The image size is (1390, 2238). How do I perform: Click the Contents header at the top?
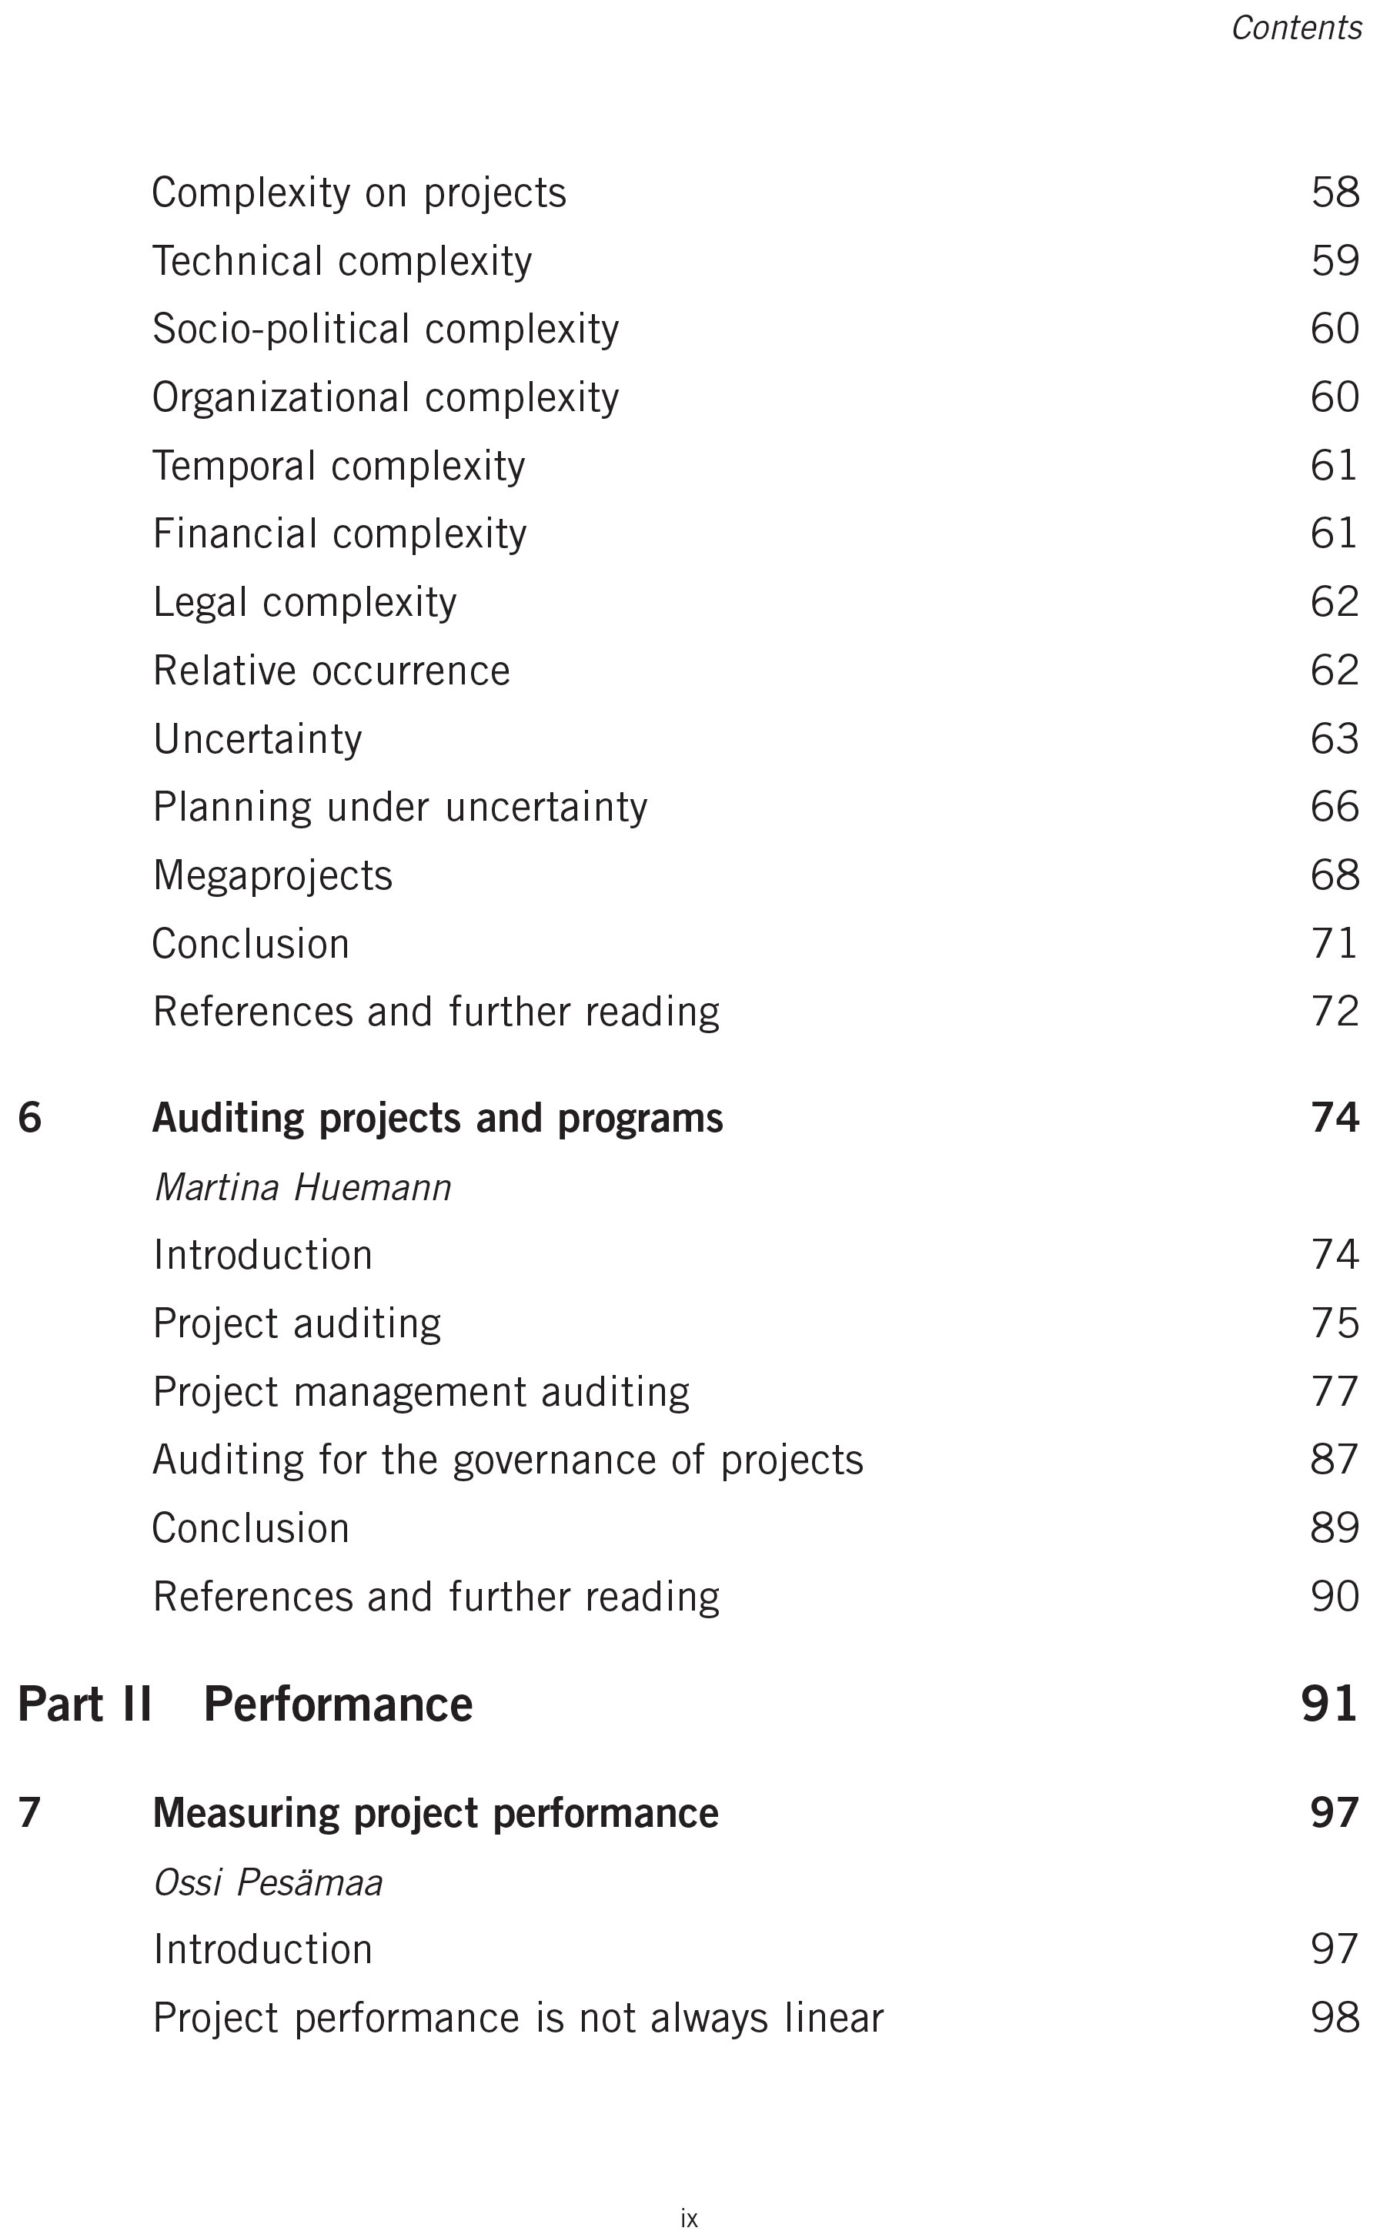(x=1295, y=28)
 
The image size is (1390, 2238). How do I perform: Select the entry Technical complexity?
(x=342, y=261)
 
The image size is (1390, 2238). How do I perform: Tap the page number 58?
(x=1335, y=193)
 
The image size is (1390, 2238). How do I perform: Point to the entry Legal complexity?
(x=304, y=603)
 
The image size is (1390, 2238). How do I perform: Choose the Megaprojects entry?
(x=273, y=875)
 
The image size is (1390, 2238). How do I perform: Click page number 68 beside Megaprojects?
(x=1335, y=875)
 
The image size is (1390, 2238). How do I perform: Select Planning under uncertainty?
(x=400, y=808)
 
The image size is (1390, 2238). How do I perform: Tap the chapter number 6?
(x=29, y=1118)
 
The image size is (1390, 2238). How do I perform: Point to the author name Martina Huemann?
(x=302, y=1188)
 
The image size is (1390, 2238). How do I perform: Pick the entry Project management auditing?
(x=421, y=1392)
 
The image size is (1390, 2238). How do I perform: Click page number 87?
(x=1335, y=1460)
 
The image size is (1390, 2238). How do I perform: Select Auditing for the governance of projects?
(x=507, y=1460)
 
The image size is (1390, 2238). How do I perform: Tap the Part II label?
(x=85, y=1704)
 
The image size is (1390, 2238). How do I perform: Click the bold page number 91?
(x=1329, y=1704)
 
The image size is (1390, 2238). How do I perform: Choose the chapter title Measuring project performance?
(x=436, y=1814)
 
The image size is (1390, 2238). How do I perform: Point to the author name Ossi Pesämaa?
(x=268, y=1883)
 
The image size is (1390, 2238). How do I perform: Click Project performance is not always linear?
(x=517, y=2019)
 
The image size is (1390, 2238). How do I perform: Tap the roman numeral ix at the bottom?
(x=690, y=2219)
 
